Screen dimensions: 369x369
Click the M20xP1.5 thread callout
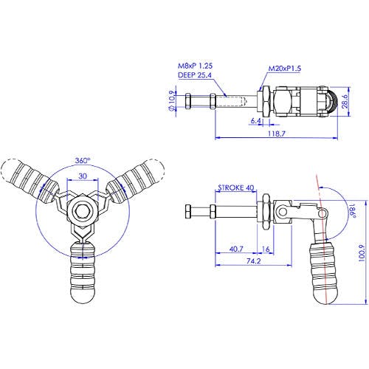click(x=284, y=69)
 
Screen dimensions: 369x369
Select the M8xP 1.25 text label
click(x=195, y=66)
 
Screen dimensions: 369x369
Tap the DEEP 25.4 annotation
click(x=195, y=75)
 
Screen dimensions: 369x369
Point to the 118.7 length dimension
click(x=276, y=134)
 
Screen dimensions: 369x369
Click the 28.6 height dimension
click(x=345, y=101)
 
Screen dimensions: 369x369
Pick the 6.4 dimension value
click(x=255, y=121)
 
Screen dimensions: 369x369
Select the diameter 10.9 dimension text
click(x=172, y=101)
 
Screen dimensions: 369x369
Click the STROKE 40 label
click(x=236, y=187)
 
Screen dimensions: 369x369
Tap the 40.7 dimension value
click(x=236, y=249)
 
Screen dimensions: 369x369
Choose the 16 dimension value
click(x=266, y=249)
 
